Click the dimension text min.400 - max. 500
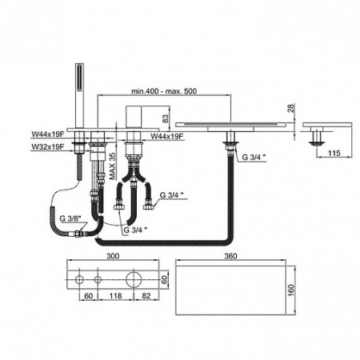click(x=164, y=91)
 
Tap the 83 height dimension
click(x=166, y=118)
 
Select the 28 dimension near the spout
click(x=291, y=108)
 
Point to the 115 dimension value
click(x=334, y=153)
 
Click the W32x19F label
click(x=48, y=147)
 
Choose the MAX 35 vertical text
click(x=113, y=166)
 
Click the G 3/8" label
click(x=70, y=218)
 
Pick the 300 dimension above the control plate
click(x=113, y=256)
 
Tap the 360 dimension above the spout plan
click(x=230, y=256)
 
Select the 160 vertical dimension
click(x=291, y=290)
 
